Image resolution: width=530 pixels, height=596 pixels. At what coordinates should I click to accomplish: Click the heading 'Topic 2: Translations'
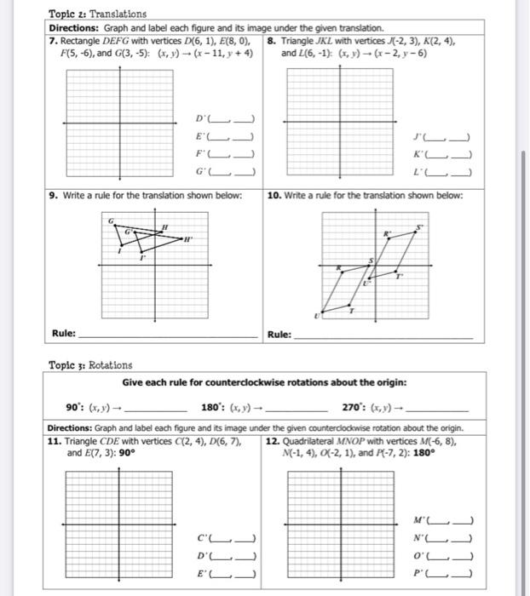click(x=97, y=14)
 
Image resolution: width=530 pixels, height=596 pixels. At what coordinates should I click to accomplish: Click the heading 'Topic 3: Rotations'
click(x=90, y=364)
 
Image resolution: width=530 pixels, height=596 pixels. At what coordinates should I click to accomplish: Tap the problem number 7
click(x=53, y=41)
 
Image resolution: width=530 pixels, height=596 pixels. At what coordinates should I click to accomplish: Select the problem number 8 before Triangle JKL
click(x=270, y=41)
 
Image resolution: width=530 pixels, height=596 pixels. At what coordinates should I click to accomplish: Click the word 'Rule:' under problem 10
click(x=280, y=334)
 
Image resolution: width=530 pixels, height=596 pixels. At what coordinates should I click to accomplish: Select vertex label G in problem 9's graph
click(x=111, y=220)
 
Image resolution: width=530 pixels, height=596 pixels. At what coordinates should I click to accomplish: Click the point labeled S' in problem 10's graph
click(x=419, y=228)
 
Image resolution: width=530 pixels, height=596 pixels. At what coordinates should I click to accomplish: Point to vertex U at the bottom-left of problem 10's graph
click(x=316, y=315)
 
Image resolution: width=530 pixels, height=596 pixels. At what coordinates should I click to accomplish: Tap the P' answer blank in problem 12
click(x=448, y=572)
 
